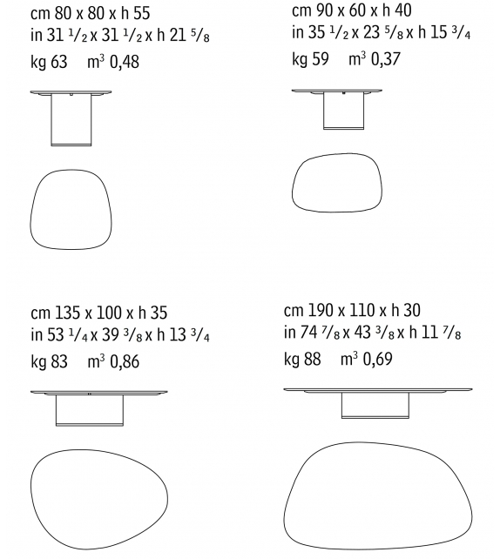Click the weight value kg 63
(x=49, y=62)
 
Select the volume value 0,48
(x=125, y=62)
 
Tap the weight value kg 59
(x=310, y=59)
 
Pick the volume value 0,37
(x=386, y=59)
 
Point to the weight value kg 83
(x=49, y=361)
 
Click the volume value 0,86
(x=125, y=362)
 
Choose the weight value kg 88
(x=302, y=359)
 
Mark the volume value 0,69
(x=378, y=360)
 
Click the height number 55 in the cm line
(x=142, y=13)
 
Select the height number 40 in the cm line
(x=403, y=10)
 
